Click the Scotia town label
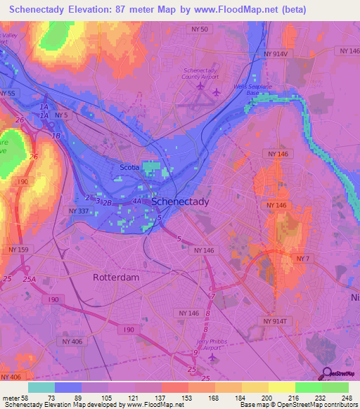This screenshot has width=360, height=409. pyautogui.click(x=129, y=167)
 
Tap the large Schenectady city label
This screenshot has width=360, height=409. pyautogui.click(x=181, y=201)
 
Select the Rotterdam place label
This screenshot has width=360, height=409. pyautogui.click(x=117, y=277)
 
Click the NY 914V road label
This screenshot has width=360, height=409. pyautogui.click(x=278, y=53)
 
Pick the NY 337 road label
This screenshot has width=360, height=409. pyautogui.click(x=81, y=211)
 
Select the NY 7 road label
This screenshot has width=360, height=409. pyautogui.click(x=303, y=259)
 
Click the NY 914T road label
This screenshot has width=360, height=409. pyautogui.click(x=276, y=321)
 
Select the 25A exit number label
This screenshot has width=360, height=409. pyautogui.click(x=29, y=279)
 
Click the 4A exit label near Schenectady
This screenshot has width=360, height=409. pyautogui.click(x=136, y=201)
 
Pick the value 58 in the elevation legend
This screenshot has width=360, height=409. pyautogui.click(x=20, y=398)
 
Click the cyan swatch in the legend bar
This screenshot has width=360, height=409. pyautogui.click(x=41, y=387)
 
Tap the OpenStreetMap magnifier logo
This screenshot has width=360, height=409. pyautogui.click(x=328, y=374)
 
